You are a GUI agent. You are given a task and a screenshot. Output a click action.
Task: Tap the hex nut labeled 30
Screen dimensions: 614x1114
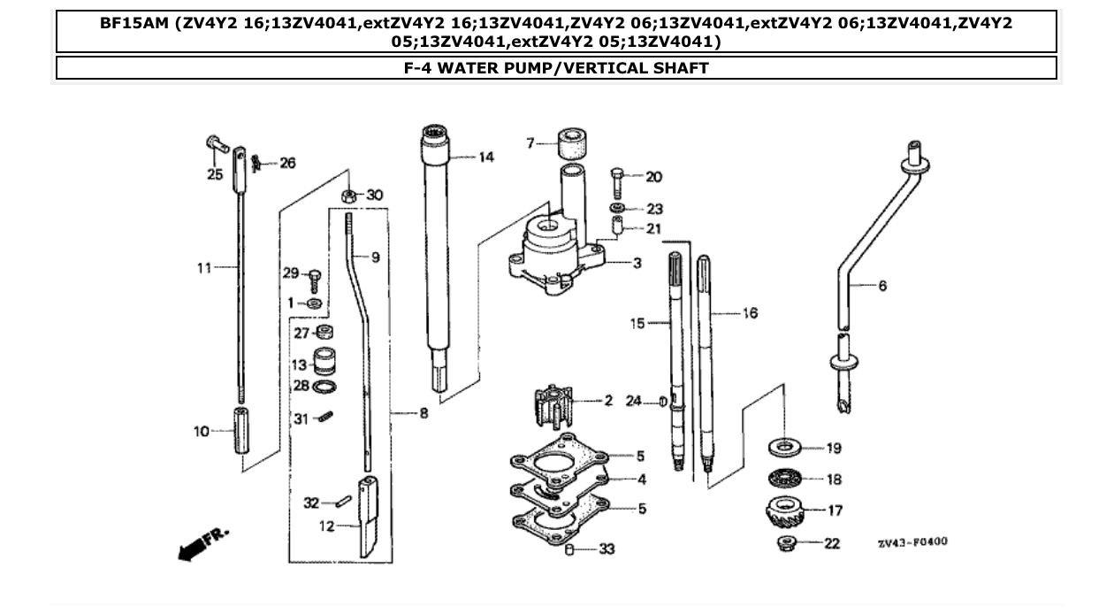click(348, 196)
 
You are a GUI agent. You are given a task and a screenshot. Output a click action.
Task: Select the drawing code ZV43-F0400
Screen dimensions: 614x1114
click(912, 541)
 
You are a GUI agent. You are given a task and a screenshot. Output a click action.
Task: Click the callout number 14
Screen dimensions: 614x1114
click(486, 157)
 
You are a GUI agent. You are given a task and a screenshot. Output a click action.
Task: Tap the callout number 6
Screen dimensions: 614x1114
click(882, 286)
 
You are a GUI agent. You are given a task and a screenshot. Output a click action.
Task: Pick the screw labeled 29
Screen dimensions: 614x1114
click(314, 280)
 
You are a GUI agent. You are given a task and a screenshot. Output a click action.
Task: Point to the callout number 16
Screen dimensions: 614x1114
click(750, 313)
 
